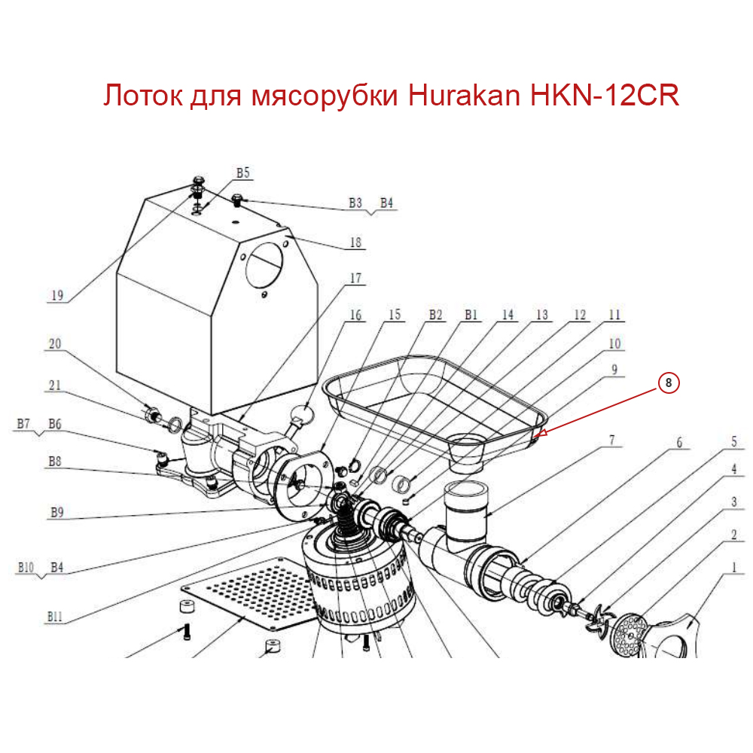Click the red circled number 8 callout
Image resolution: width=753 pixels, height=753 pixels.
point(669,383)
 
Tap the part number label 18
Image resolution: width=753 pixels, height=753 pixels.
point(355,242)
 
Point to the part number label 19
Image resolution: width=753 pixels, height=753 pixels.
point(56,296)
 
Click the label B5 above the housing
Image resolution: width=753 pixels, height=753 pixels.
point(242,173)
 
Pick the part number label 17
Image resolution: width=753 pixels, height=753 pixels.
point(355,279)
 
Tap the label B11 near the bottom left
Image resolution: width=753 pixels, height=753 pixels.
point(54,616)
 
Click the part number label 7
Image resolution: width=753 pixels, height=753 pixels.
point(612,440)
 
